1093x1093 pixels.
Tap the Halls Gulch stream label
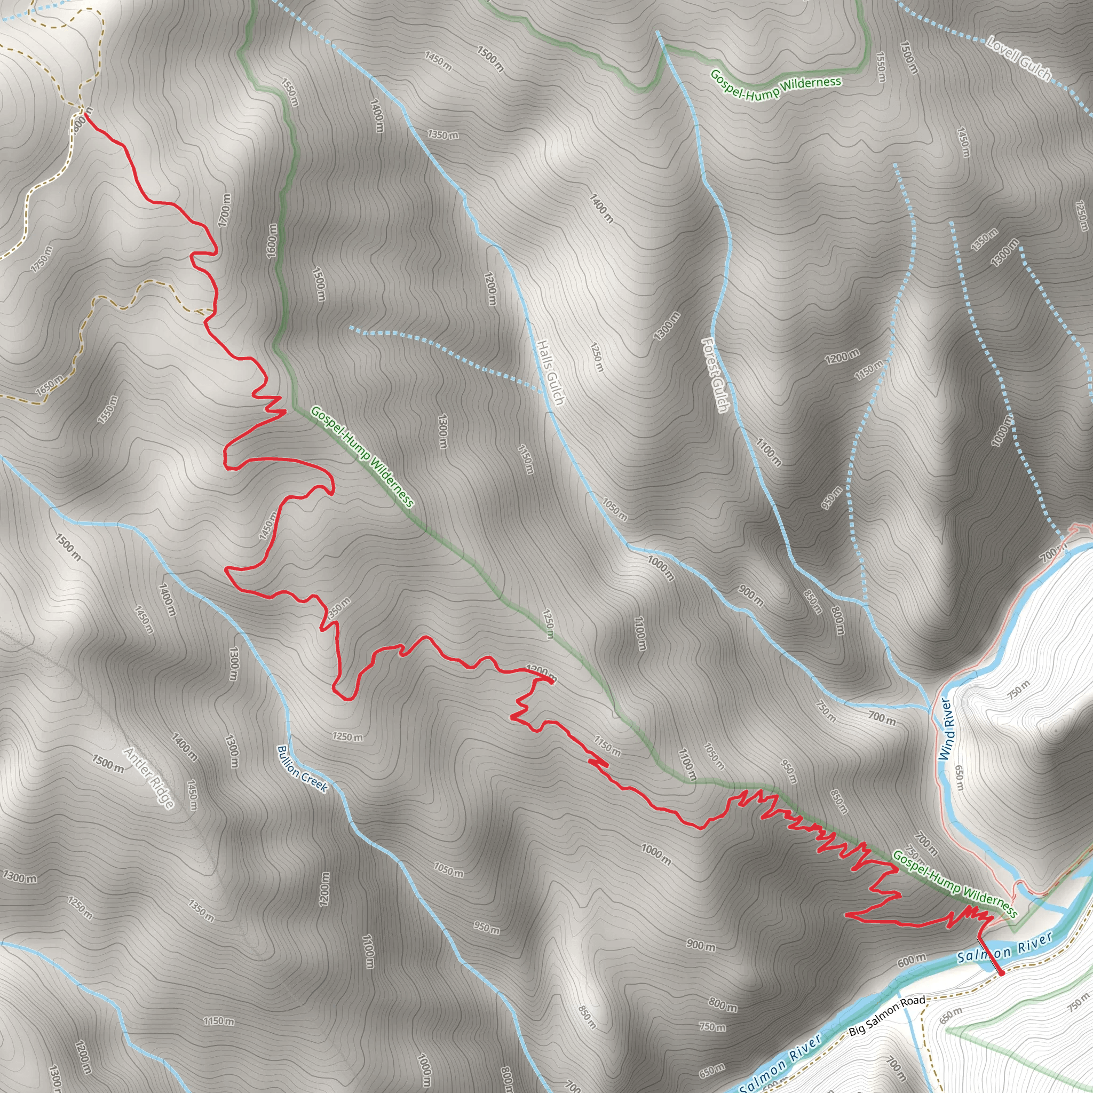550,373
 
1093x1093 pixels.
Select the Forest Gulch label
715,375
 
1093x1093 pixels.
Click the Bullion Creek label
302,770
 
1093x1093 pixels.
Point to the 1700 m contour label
225,210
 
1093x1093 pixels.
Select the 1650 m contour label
50,386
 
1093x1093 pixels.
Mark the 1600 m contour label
272,241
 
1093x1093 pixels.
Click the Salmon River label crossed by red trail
1004,949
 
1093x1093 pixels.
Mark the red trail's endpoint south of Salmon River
1001,973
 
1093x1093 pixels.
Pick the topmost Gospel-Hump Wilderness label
775,85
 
